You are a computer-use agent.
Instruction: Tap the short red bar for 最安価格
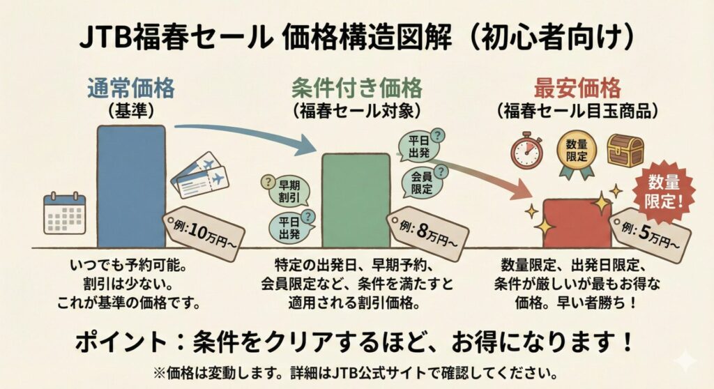click(577, 223)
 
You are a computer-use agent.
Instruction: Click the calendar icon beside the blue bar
click(64, 213)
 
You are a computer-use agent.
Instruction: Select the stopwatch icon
click(526, 151)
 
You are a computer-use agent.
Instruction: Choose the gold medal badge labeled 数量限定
click(576, 153)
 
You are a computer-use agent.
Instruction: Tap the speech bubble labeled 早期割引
click(281, 189)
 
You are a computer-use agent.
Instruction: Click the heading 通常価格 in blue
click(131, 89)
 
